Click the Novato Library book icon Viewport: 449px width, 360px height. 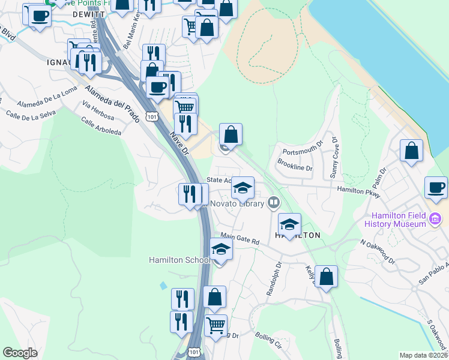[274, 203]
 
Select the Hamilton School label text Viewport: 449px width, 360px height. [179, 260]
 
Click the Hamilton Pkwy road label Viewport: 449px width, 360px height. [359, 190]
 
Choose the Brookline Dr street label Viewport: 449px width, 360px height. [295, 166]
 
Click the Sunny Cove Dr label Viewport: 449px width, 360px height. [334, 158]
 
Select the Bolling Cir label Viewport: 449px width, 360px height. [268, 339]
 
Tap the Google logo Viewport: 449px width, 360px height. [20, 353]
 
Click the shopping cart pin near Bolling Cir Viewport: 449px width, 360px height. [215, 326]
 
